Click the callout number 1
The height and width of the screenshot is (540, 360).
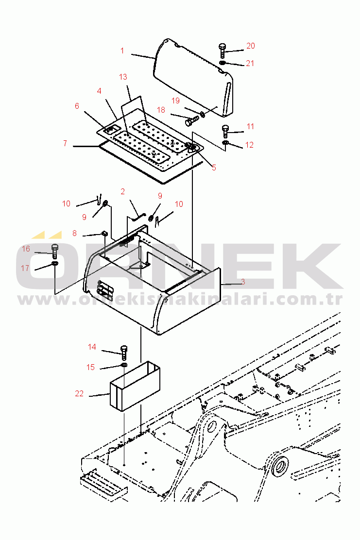[122, 51]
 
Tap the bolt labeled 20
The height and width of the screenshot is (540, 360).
[222, 51]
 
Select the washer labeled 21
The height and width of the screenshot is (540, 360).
[223, 63]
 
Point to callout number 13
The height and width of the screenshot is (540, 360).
[123, 77]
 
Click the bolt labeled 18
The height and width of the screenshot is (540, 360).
[192, 120]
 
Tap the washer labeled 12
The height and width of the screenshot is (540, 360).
[225, 143]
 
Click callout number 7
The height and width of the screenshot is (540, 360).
[65, 143]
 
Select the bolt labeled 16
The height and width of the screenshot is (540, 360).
[54, 252]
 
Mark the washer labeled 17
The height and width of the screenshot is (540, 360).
[55, 264]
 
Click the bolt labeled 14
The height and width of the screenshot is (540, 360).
[124, 352]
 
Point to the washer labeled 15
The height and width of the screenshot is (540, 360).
[124, 365]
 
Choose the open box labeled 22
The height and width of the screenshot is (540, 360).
[135, 386]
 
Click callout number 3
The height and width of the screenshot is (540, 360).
[243, 282]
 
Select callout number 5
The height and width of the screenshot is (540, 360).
[214, 168]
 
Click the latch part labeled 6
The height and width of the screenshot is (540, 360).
[110, 130]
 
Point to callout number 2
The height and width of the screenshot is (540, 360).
[122, 191]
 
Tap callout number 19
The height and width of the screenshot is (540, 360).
[176, 101]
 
